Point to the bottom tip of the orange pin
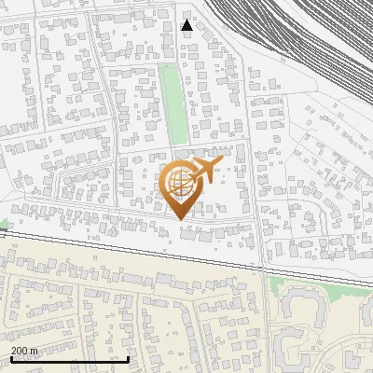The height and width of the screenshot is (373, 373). [x=181, y=219]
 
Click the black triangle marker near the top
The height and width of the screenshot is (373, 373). [x=187, y=25]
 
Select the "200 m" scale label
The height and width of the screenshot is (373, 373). [x=25, y=351]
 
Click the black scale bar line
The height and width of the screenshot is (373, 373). [x=69, y=359]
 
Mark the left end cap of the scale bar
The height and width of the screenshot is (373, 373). [x=11, y=358]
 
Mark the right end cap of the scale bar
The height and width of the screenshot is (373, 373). [x=127, y=358]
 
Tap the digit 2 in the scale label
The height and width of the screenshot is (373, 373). [x=15, y=351]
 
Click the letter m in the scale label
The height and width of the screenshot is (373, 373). [x=35, y=352]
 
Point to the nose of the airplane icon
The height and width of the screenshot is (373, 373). [x=220, y=161]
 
